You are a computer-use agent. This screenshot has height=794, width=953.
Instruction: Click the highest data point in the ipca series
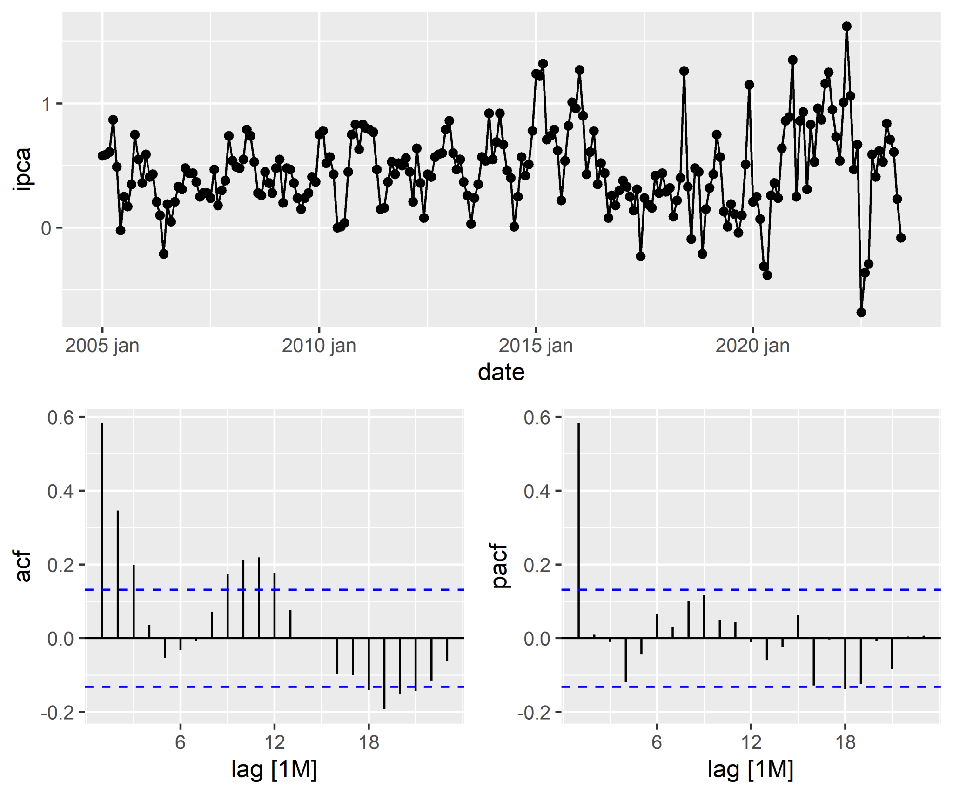846,27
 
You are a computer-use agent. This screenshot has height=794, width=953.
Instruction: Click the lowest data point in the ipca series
861,312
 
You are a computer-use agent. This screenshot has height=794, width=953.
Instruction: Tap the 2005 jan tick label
102,346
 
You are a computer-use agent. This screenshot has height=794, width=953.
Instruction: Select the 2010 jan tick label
319,346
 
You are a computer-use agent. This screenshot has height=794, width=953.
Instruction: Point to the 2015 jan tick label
536,346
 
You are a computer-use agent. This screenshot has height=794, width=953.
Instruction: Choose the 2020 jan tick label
752,346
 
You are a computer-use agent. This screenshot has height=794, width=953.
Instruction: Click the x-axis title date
501,373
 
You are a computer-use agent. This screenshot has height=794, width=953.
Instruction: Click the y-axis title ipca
22,169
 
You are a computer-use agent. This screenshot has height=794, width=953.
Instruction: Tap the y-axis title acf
23,566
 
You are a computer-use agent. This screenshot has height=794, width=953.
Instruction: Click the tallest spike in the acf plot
102,530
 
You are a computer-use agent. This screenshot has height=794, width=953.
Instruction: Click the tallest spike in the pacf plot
578,530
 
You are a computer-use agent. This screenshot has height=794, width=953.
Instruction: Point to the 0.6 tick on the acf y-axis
60,418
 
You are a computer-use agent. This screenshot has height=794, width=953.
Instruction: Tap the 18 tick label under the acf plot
369,742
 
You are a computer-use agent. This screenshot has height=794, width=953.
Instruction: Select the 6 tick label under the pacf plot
657,742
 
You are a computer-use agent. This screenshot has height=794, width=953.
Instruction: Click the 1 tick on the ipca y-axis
46,104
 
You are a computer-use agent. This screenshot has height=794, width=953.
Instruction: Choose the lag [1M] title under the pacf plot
750,769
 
